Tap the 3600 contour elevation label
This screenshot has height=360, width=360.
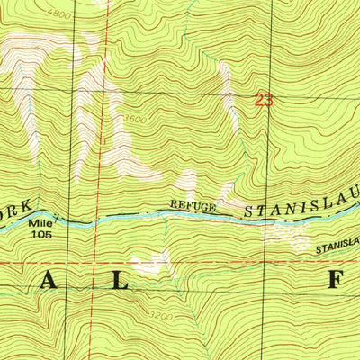[x=134, y=118]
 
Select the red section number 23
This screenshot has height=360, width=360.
[x=263, y=101]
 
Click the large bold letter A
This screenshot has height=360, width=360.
[x=49, y=282]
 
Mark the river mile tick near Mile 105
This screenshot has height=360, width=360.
[x=56, y=217]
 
